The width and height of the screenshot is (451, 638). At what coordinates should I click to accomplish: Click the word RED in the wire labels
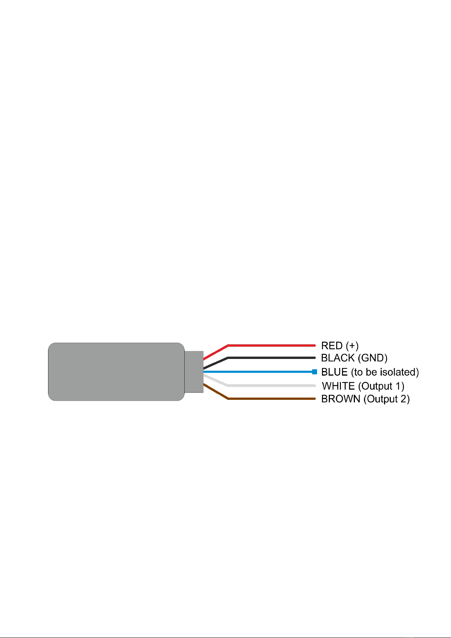tap(332, 345)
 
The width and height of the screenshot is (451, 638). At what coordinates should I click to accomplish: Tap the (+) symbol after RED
tap(352, 346)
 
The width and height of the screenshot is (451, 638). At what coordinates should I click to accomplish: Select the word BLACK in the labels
tap(338, 358)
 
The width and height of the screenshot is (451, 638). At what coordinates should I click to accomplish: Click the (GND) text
tap(372, 358)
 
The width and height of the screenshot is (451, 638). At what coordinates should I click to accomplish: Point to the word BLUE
tap(334, 372)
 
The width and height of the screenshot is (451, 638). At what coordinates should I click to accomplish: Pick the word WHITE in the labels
tap(338, 386)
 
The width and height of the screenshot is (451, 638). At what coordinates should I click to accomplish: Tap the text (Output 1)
tap(381, 386)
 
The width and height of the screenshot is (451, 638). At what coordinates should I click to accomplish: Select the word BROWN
tap(341, 399)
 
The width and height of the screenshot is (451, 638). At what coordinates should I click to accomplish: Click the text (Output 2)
tap(386, 399)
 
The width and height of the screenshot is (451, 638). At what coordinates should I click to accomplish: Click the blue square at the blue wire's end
tap(314, 372)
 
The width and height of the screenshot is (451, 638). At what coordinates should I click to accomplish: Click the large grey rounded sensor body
tap(116, 372)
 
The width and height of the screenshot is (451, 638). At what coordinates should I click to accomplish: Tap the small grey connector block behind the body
tap(194, 372)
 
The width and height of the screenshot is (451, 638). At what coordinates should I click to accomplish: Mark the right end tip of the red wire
tap(315, 345)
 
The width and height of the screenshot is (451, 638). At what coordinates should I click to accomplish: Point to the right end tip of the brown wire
tap(315, 399)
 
